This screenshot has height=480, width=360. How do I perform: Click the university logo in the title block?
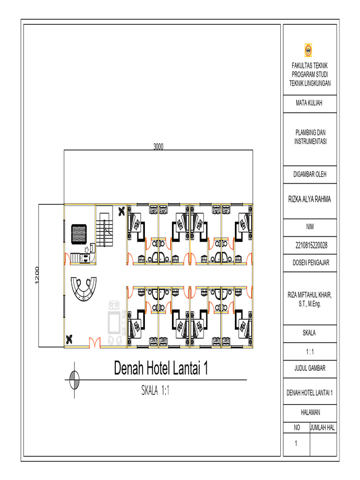tap(308, 50)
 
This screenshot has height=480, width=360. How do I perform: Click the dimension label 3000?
tap(158, 147)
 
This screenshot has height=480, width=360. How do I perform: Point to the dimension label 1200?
tap(37, 276)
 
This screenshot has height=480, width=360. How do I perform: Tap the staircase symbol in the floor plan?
tap(105, 230)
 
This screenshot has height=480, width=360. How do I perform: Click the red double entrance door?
tap(95, 342)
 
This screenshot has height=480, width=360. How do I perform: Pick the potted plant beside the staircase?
tap(121, 211)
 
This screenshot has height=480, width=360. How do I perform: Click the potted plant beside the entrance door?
tap(69, 339)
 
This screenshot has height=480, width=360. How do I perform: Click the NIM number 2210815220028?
tap(311, 245)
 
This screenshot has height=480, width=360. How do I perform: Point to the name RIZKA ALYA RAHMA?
tap(309, 199)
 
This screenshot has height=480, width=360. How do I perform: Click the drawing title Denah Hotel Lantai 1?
tap(161, 367)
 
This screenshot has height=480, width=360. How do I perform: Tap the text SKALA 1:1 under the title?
tap(155, 390)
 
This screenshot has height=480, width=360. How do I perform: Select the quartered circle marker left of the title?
tap(74, 380)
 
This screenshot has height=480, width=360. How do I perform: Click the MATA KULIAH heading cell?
tap(309, 103)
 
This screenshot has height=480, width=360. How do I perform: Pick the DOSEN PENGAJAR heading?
tap(311, 262)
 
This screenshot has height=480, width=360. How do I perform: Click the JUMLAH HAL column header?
tap(322, 427)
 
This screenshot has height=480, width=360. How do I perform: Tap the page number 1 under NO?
tap(296, 443)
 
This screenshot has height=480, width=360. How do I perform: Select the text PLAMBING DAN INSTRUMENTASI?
tap(310, 137)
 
